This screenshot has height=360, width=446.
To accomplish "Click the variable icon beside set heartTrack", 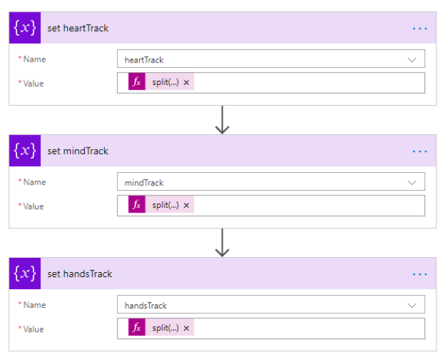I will click(26, 28).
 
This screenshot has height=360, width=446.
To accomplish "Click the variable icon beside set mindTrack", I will click(26, 151).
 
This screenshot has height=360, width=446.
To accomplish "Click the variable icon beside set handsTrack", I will click(26, 274).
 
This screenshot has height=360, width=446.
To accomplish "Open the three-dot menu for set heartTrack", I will click(420, 28).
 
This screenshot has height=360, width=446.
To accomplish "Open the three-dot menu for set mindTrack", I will click(420, 151).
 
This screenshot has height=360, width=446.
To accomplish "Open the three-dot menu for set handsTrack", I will click(420, 274).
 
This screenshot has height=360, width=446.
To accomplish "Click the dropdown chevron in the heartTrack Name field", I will click(412, 60).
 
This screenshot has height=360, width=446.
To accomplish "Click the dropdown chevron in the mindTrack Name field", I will click(412, 183).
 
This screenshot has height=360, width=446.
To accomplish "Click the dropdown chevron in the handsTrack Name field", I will click(412, 306).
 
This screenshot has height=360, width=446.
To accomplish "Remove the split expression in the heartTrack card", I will click(187, 83).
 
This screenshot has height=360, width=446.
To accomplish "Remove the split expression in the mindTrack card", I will click(187, 206).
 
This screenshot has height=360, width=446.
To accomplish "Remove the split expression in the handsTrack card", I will click(187, 329).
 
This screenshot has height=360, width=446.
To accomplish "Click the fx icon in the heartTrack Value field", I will click(136, 83).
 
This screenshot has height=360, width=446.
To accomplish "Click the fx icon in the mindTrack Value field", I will click(136, 206).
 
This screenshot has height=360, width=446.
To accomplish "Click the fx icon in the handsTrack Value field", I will click(136, 329).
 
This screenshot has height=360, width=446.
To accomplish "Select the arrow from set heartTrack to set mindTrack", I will click(222, 120).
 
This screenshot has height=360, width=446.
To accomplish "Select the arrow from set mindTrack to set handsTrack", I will click(222, 243).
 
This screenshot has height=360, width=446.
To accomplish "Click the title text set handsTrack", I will click(80, 274).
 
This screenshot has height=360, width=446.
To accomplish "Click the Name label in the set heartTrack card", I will click(33, 60).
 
